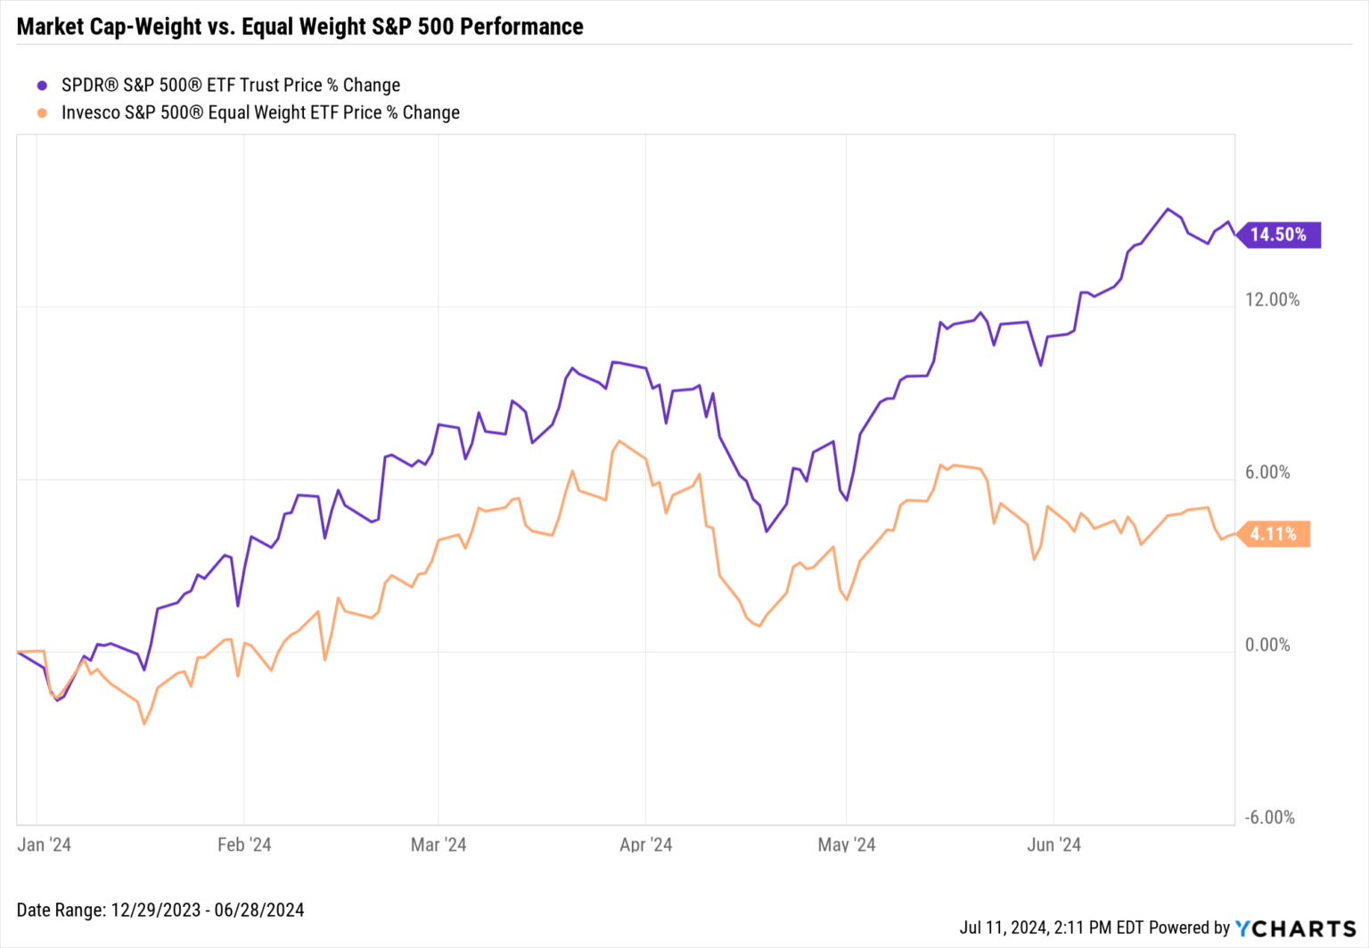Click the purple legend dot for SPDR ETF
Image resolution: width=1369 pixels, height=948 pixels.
(42, 86)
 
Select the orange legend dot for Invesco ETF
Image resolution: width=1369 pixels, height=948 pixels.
(42, 113)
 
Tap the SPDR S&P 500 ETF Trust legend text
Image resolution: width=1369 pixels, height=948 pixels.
(230, 86)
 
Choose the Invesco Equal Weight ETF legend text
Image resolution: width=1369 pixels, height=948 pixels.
(260, 113)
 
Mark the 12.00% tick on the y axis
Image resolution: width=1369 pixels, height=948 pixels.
(1272, 300)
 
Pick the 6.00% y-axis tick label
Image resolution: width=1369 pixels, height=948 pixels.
(1267, 473)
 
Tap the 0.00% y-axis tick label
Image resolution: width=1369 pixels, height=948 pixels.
(1267, 645)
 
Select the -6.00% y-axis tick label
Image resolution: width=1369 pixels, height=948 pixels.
(1269, 818)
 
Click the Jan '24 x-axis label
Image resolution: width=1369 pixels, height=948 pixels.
(44, 845)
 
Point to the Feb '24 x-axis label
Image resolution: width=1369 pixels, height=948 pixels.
(244, 845)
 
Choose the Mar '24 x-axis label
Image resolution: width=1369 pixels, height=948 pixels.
(439, 845)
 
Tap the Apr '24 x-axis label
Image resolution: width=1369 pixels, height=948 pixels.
(646, 845)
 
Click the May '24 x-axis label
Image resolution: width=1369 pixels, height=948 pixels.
(847, 845)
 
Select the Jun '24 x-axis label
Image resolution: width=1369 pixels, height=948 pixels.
(1053, 845)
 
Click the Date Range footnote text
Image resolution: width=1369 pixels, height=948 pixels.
(160, 911)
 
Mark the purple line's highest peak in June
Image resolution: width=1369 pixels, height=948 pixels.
(1168, 209)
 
